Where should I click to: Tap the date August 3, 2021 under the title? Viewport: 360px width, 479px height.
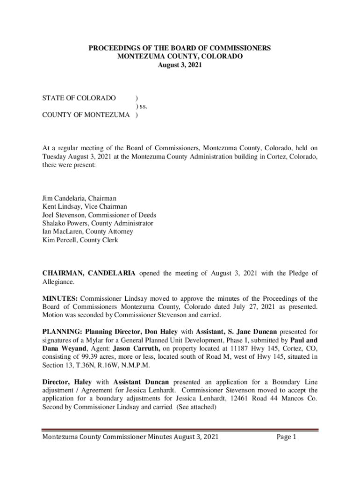pyautogui.click(x=180, y=65)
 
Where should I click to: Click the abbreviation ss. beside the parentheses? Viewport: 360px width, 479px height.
pyautogui.click(x=142, y=107)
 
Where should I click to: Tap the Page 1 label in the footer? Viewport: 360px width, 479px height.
pyautogui.click(x=287, y=437)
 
